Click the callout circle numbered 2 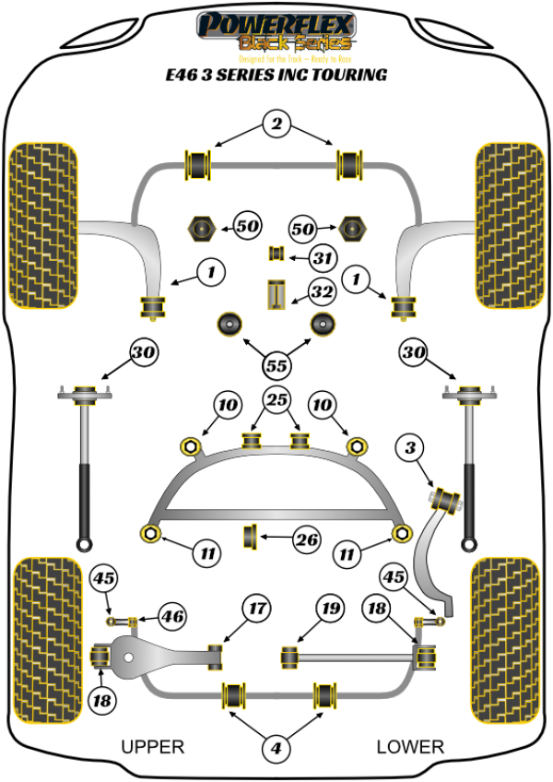(x=275, y=123)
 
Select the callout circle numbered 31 (x=322, y=259)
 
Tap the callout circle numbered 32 (x=322, y=293)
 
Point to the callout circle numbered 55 (x=275, y=364)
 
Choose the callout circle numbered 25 (x=275, y=400)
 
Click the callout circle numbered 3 (x=409, y=449)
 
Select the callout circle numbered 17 (x=255, y=609)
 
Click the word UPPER (x=153, y=747)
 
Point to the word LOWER (x=410, y=747)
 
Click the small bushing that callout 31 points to (x=274, y=254)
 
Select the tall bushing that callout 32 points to (x=274, y=295)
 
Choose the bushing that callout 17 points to (x=218, y=656)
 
